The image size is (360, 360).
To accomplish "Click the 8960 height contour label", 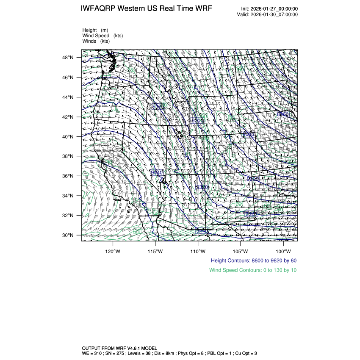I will pos(282,114).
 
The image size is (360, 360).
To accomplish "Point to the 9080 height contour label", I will pos(249,134).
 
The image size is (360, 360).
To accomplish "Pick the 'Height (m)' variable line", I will pos(95,30).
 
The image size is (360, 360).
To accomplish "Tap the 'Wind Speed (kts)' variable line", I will pos(103,36).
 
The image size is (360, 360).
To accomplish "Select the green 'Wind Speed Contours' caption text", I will pos(253,270).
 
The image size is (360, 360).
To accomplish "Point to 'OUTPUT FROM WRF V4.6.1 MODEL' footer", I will pos(119,348).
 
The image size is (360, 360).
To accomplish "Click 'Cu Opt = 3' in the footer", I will pos(244,353).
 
